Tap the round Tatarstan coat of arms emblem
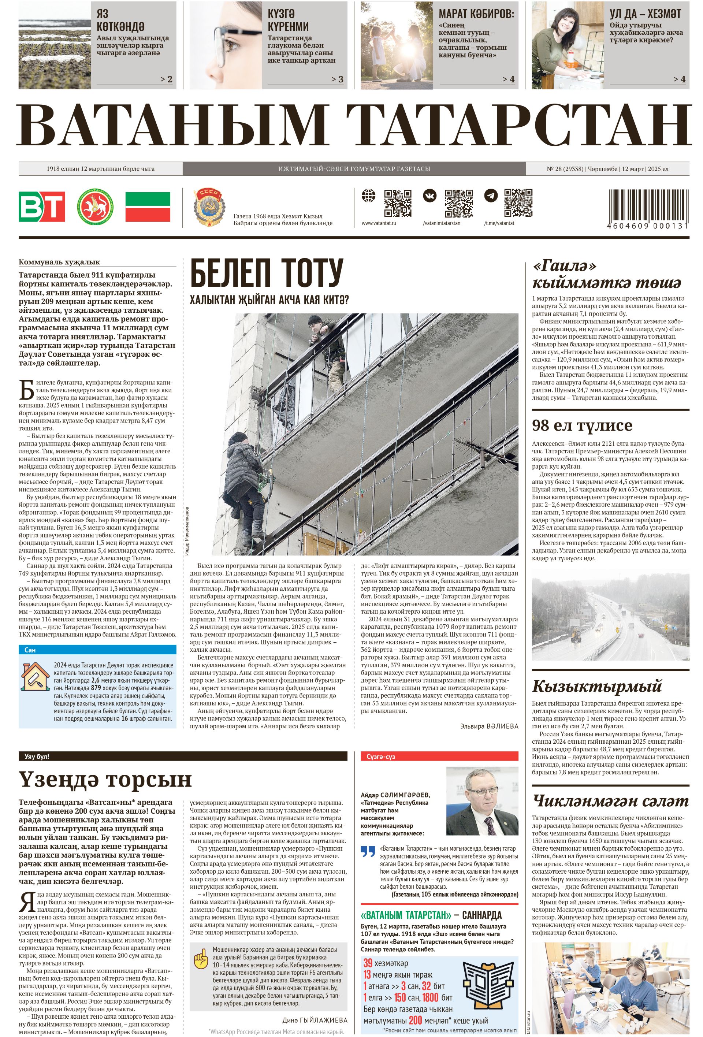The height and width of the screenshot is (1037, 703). click(95, 206)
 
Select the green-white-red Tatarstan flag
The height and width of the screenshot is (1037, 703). click(148, 207)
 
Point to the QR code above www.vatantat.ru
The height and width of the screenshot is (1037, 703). click(397, 203)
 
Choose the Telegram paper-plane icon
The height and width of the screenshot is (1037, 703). click(491, 196)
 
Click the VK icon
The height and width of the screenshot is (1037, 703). click(429, 196)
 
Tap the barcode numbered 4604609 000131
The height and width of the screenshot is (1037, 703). click(648, 209)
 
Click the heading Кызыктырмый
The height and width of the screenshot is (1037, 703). click(596, 686)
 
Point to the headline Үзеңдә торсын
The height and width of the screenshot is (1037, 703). click(105, 779)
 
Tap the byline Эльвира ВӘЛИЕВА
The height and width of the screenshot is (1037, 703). click(489, 726)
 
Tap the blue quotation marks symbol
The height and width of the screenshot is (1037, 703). click(368, 851)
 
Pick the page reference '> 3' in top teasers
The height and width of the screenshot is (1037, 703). click(337, 79)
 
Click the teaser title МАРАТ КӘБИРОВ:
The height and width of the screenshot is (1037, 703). click(476, 14)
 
